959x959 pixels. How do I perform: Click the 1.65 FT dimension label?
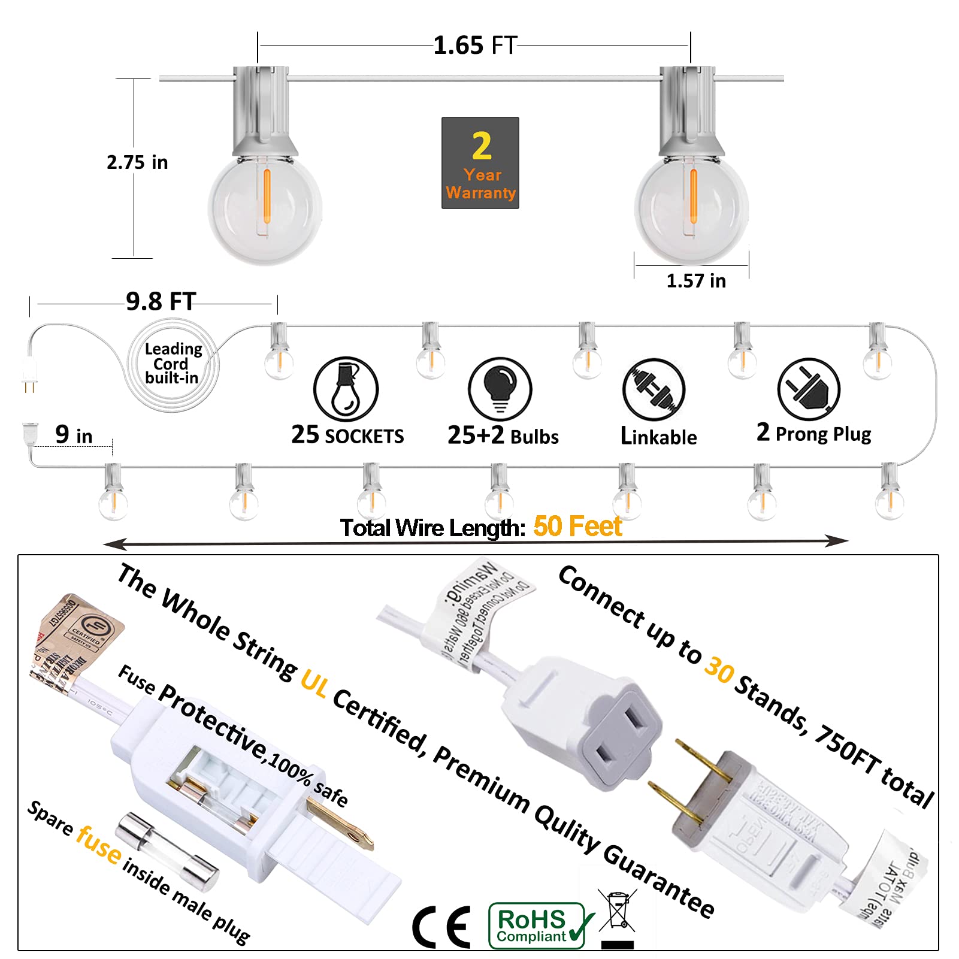click(475, 46)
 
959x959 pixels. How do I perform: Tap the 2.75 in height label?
click(137, 162)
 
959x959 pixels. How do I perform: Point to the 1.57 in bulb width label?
click(696, 281)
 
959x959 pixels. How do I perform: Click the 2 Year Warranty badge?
click(480, 163)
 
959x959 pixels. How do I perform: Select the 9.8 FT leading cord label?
click(161, 301)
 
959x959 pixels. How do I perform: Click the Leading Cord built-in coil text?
click(173, 363)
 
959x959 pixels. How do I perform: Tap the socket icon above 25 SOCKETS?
click(346, 389)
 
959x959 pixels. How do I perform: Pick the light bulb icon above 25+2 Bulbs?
click(500, 389)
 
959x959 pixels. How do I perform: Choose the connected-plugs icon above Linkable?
click(654, 389)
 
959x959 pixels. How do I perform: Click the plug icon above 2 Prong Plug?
click(809, 389)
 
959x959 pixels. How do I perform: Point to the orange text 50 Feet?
click(577, 527)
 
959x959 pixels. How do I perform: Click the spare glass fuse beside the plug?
click(167, 851)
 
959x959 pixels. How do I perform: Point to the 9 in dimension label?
click(74, 435)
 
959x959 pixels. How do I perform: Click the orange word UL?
click(314, 683)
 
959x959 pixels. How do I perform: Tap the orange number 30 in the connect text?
click(719, 669)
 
